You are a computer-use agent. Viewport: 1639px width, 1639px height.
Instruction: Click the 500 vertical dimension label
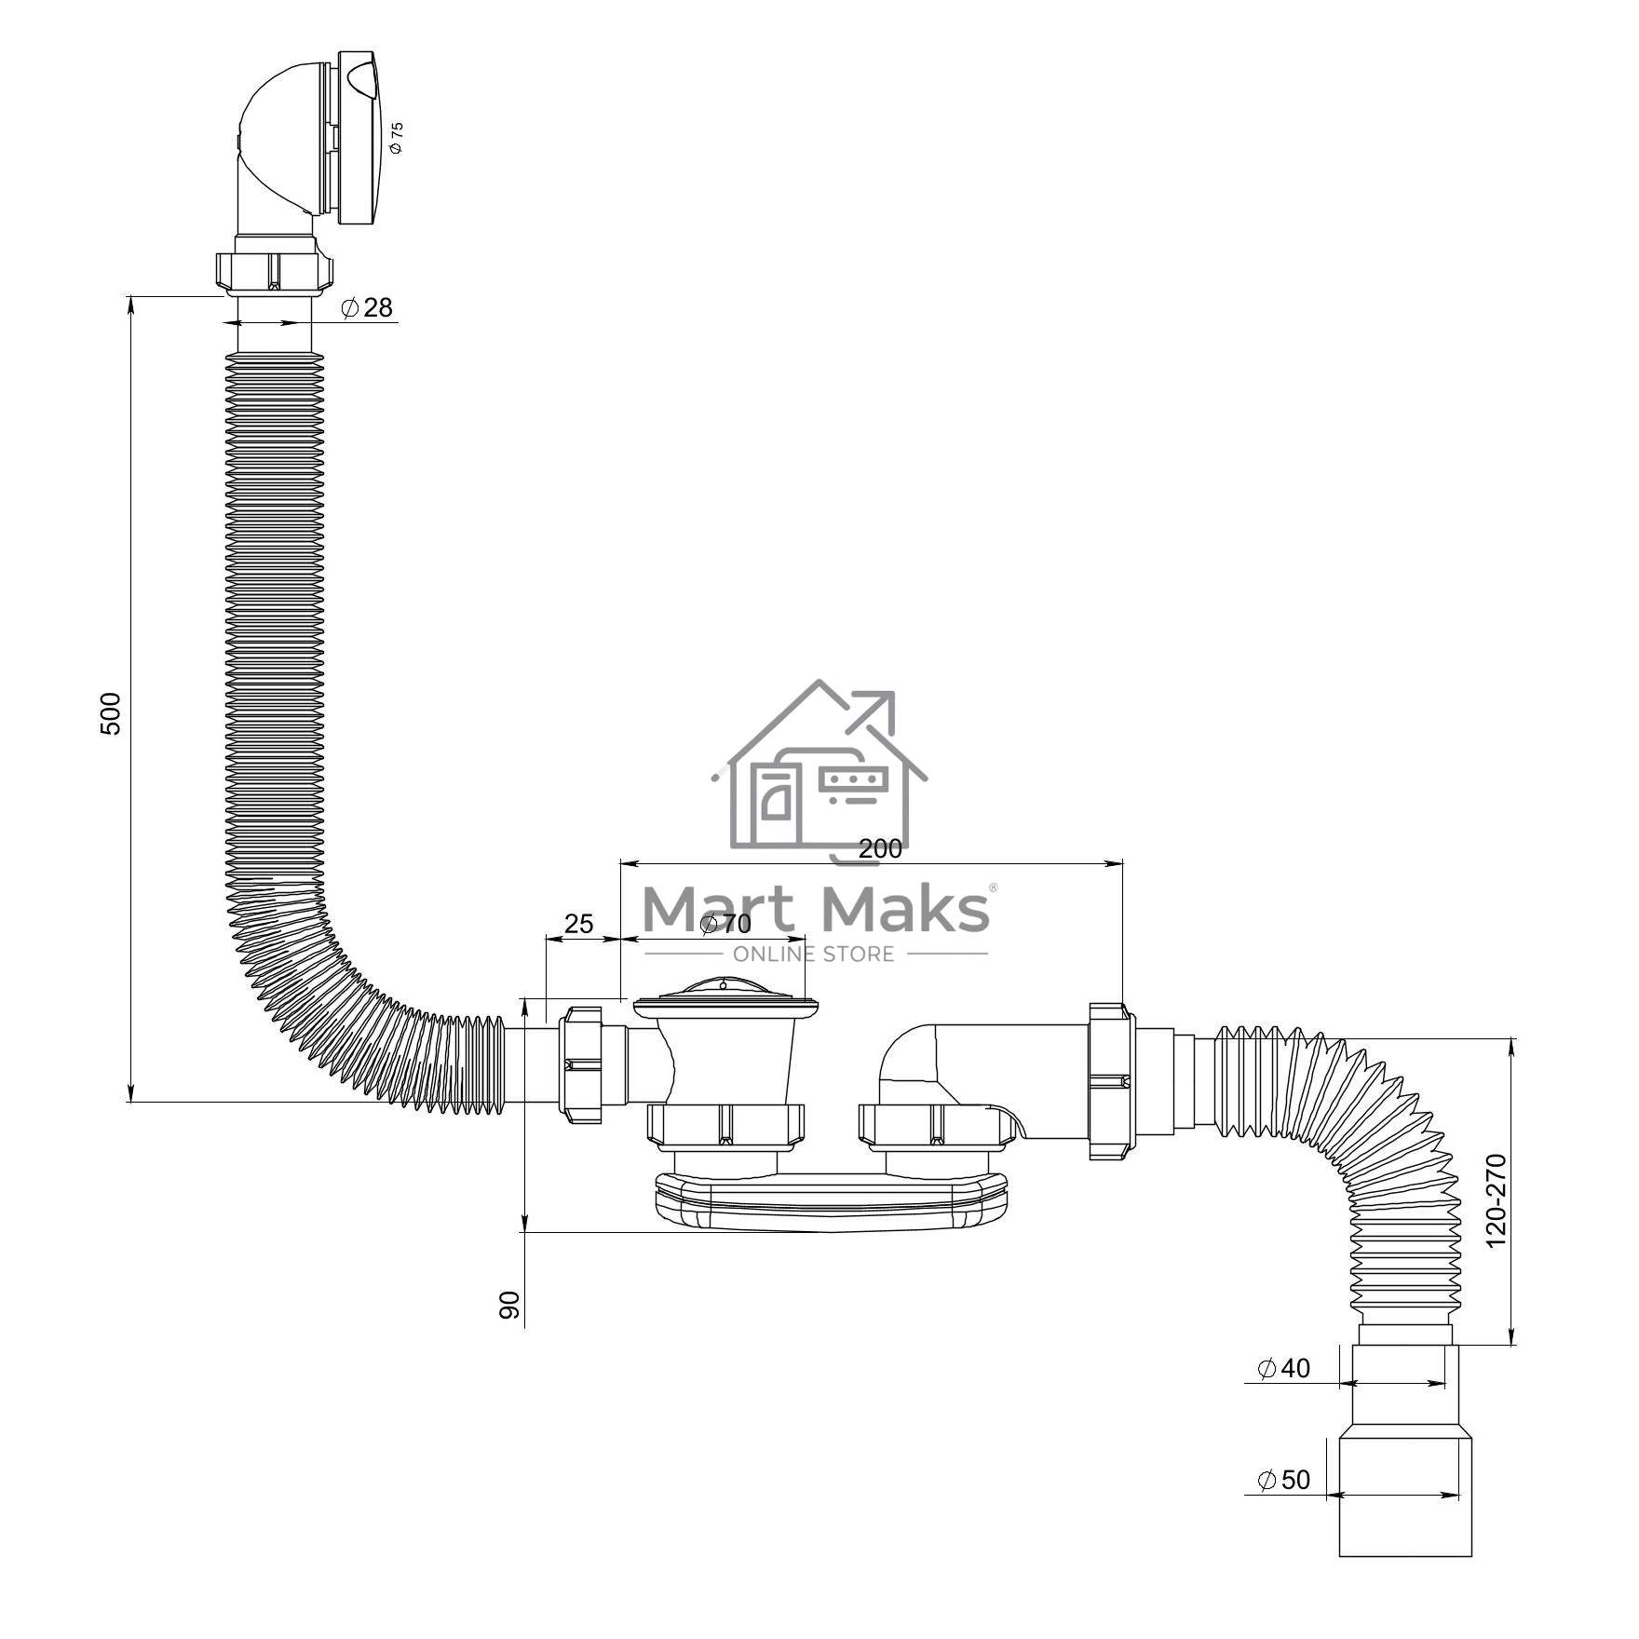tap(111, 713)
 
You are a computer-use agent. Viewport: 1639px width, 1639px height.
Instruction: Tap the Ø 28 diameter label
tap(368, 307)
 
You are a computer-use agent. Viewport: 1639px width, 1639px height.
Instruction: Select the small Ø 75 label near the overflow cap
tap(398, 137)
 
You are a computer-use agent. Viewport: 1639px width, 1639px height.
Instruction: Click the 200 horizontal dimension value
tap(880, 848)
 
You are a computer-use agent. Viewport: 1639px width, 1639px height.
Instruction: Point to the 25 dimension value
tap(578, 923)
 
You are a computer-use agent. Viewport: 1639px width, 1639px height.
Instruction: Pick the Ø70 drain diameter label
tap(725, 924)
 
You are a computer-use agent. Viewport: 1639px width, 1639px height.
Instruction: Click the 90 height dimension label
tap(509, 1306)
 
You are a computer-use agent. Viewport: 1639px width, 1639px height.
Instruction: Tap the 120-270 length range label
tap(1496, 1200)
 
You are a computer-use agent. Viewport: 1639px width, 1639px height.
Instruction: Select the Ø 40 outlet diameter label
tap(1283, 1368)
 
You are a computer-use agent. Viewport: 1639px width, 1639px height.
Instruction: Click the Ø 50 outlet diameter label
tap(1283, 1480)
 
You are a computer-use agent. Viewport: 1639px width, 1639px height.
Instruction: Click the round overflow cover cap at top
tap(359, 138)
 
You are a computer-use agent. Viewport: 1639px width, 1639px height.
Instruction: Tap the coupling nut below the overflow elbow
tap(274, 272)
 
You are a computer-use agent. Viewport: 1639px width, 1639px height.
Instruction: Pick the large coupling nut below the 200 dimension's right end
tap(1112, 1081)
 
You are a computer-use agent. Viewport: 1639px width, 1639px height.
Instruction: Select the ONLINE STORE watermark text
tap(814, 954)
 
